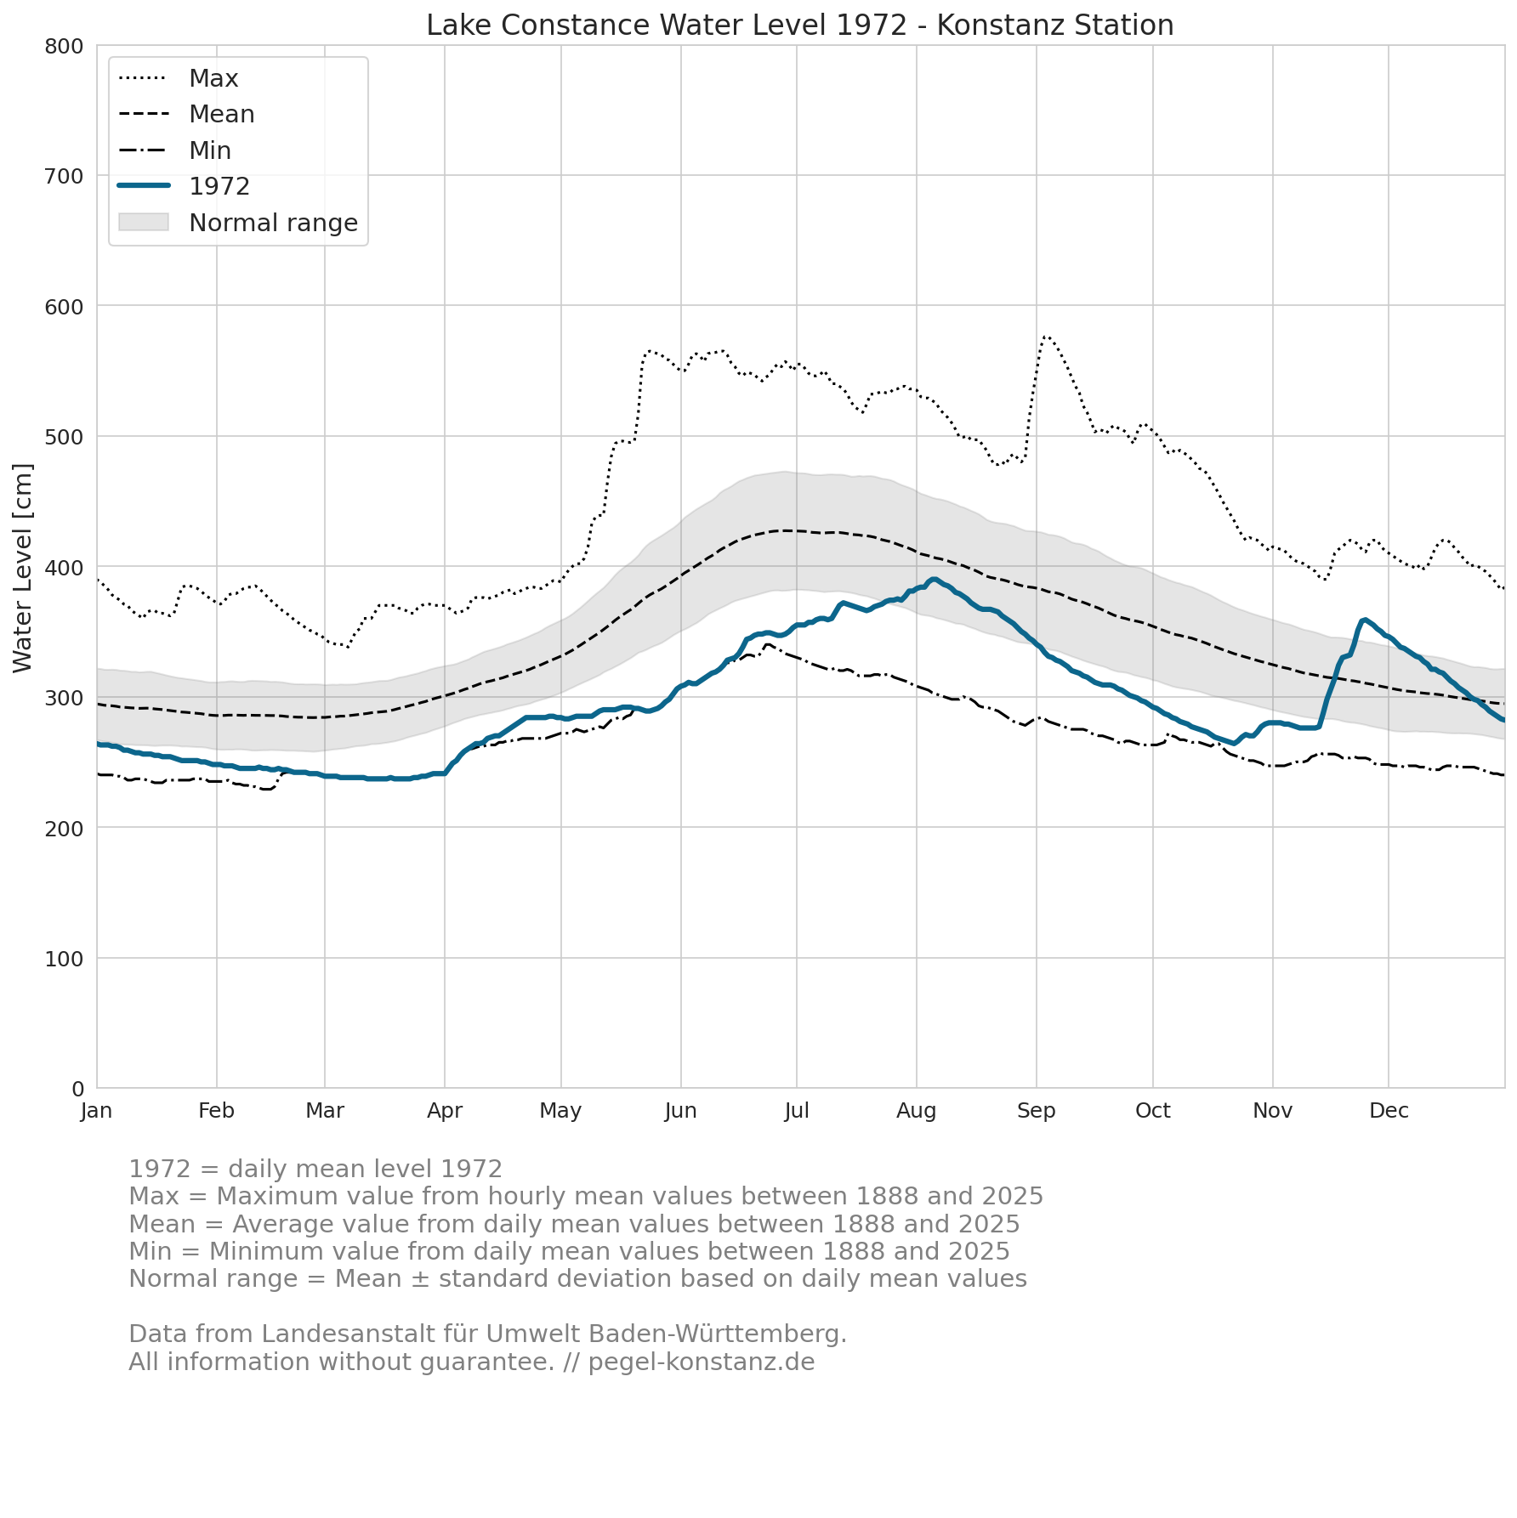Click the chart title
pyautogui.click(x=800, y=25)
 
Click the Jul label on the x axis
pyautogui.click(x=797, y=1111)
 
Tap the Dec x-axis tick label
pyautogui.click(x=1389, y=1111)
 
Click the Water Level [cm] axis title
pyautogui.click(x=23, y=568)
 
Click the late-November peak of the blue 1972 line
pyautogui.click(x=1365, y=620)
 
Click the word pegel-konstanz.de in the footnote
pyautogui.click(x=702, y=1362)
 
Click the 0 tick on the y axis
pyautogui.click(x=78, y=1089)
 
